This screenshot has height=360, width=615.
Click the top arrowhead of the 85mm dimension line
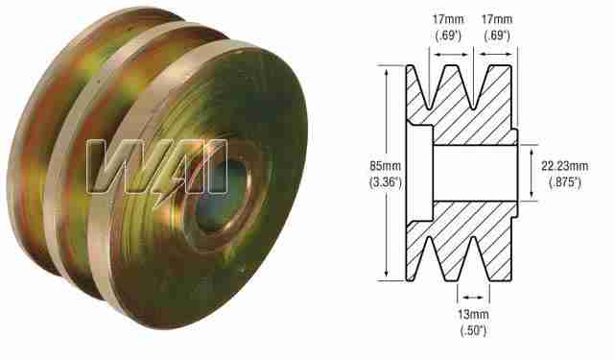(x=387, y=69)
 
